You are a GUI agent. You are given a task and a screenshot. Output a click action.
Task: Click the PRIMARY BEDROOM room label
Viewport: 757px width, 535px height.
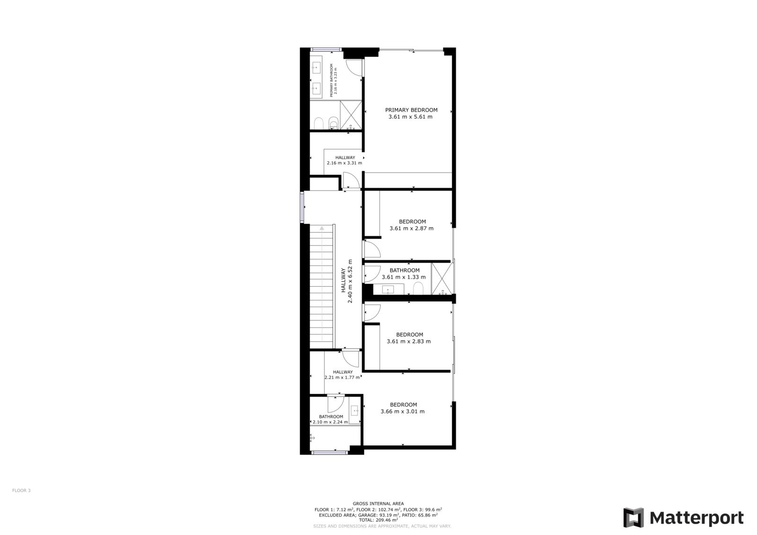411,110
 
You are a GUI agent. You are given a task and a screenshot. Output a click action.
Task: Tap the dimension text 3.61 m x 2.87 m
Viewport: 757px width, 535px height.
411,228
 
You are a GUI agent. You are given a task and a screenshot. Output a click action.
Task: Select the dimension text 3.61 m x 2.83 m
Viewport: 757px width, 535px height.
409,342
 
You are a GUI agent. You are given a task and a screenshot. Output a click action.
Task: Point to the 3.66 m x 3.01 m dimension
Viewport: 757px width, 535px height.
403,412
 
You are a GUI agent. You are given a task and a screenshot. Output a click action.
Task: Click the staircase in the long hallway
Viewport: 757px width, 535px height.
322,287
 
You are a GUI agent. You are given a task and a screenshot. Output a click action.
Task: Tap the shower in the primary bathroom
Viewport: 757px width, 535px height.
351,115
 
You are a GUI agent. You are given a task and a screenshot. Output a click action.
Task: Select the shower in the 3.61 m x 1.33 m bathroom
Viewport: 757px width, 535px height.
442,279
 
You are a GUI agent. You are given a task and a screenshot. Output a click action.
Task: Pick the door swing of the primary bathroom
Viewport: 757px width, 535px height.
354,67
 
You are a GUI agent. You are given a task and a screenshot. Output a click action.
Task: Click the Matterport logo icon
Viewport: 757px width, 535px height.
634,517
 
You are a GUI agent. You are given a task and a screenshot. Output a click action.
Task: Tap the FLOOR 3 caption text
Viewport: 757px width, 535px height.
21,491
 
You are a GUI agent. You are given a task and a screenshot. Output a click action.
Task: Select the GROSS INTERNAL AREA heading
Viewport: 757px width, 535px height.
378,504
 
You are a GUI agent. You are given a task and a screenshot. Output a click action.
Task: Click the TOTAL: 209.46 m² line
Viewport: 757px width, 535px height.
378,520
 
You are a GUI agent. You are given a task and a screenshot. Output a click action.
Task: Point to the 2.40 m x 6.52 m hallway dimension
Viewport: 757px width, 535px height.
350,281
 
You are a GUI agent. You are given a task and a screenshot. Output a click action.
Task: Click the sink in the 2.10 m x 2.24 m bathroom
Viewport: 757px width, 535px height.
355,412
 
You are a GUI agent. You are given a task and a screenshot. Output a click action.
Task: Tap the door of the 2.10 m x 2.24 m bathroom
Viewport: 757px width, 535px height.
335,404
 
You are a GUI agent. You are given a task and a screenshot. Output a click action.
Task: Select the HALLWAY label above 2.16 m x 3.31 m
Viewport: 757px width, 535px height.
345,158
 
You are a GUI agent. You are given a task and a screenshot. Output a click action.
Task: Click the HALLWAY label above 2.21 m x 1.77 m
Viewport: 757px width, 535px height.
343,372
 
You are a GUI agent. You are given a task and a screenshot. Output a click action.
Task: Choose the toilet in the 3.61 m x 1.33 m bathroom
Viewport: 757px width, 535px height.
418,288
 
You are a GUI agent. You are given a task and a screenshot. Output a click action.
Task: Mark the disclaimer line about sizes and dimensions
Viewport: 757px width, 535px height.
382,526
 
